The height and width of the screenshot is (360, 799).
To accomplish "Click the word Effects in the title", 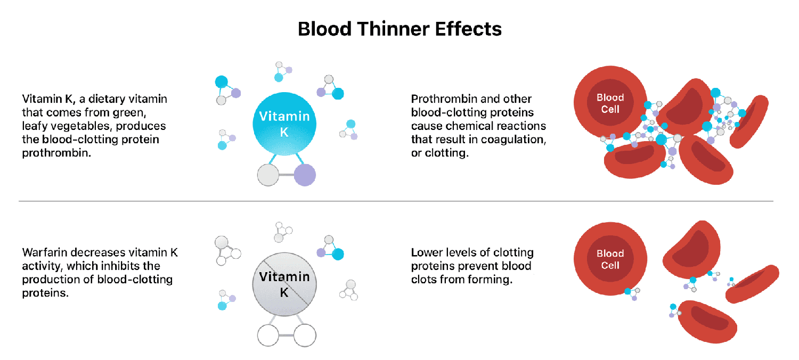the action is tap(468, 29).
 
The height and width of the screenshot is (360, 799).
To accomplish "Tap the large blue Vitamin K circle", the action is tap(284, 124).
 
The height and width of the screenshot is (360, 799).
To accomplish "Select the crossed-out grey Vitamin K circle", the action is tap(284, 284).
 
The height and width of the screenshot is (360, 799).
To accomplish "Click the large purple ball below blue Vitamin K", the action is tap(305, 175).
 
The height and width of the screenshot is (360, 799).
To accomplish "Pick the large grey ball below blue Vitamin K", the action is tap(268, 175).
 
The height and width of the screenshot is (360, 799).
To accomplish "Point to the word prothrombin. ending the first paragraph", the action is tap(56, 153).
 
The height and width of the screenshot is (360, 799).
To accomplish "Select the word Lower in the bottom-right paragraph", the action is tap(426, 252).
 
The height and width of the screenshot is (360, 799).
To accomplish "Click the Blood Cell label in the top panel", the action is tap(610, 103).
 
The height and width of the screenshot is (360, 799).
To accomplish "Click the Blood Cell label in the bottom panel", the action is tap(610, 259).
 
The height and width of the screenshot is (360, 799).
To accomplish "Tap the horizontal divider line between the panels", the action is tap(396, 201).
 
